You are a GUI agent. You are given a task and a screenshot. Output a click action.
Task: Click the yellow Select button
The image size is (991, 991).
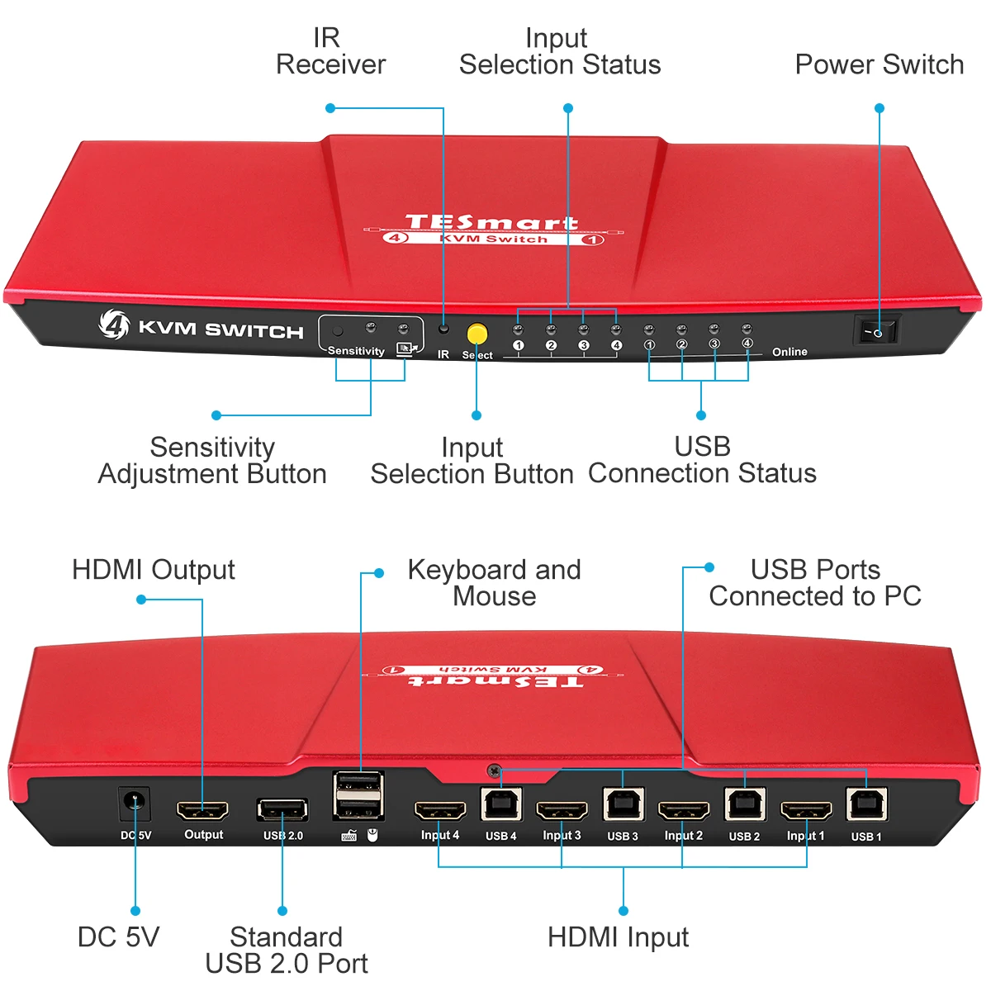pyautogui.click(x=477, y=333)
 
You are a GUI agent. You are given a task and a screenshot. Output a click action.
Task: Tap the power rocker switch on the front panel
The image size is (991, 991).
pyautogui.click(x=875, y=332)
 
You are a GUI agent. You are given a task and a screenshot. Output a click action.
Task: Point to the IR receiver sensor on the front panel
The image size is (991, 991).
pyautogui.click(x=444, y=328)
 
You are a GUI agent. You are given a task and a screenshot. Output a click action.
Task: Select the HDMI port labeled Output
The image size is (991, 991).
pyautogui.click(x=203, y=809)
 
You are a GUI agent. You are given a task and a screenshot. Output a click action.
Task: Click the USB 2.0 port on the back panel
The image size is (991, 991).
pyautogui.click(x=282, y=809)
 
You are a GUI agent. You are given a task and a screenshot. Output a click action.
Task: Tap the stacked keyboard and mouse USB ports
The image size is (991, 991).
pyautogui.click(x=358, y=795)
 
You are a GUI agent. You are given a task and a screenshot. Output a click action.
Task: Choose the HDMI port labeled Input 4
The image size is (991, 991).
pyautogui.click(x=439, y=809)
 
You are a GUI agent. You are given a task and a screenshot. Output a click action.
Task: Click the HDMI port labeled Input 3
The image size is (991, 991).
pyautogui.click(x=562, y=810)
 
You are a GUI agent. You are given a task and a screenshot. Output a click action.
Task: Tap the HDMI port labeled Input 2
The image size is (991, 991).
pyautogui.click(x=683, y=810)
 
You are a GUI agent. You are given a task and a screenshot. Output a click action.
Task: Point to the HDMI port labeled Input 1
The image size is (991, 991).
pyautogui.click(x=805, y=810)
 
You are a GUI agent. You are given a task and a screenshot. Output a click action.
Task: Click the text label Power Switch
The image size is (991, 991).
pyautogui.click(x=879, y=64)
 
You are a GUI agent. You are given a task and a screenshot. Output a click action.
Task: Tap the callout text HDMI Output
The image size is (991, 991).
pyautogui.click(x=154, y=570)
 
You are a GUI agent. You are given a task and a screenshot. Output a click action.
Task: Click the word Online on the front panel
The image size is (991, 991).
pyautogui.click(x=789, y=352)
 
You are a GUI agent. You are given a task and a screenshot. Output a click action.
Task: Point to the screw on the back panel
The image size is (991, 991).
pyautogui.click(x=494, y=771)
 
